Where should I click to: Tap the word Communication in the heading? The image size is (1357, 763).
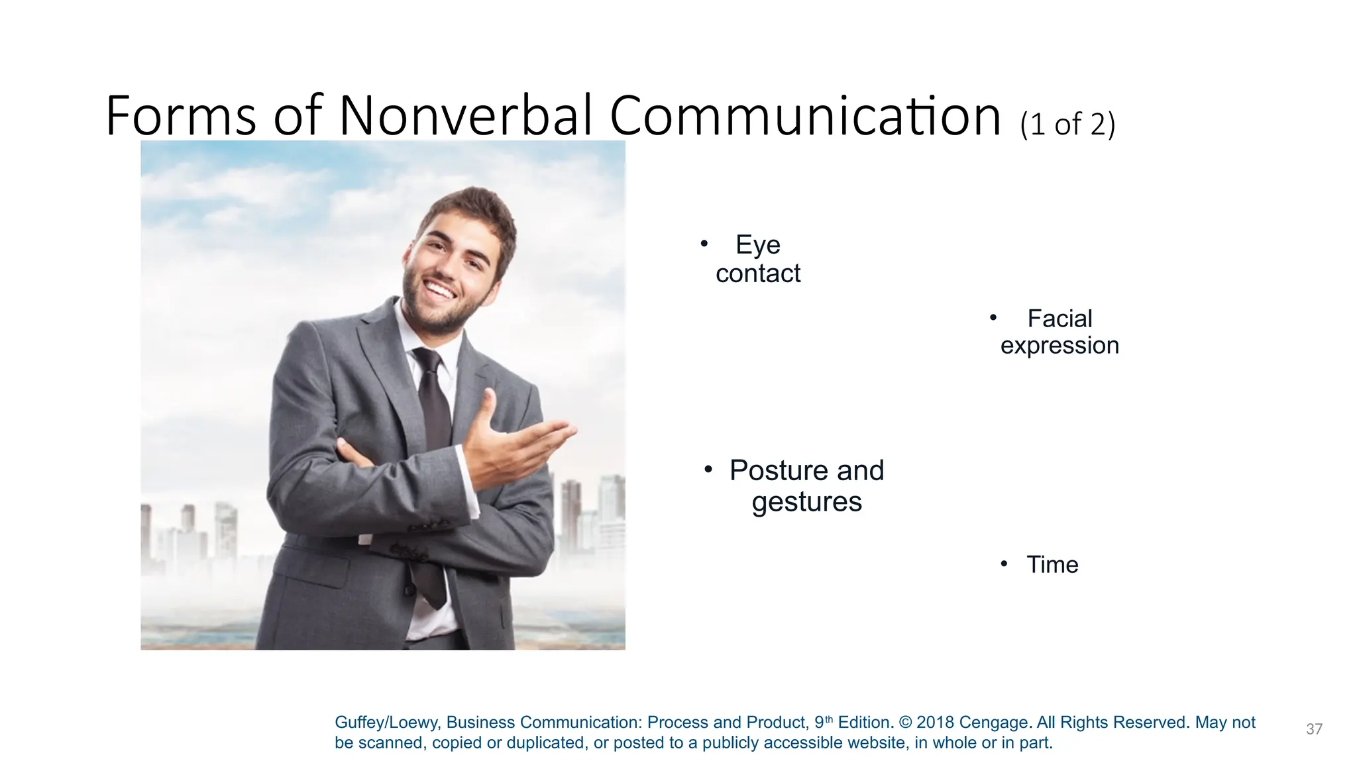(x=804, y=116)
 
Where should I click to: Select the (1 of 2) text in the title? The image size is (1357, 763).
(x=1067, y=125)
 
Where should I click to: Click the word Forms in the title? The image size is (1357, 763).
(x=180, y=116)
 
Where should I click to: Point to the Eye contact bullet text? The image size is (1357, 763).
(x=758, y=259)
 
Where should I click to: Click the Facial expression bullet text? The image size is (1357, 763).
(x=1059, y=332)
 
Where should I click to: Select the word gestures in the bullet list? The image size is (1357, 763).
(x=806, y=502)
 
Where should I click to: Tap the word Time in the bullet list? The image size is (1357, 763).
(x=1052, y=564)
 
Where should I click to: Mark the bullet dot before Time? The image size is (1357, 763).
(x=1004, y=564)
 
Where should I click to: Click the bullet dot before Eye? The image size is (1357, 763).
(x=704, y=244)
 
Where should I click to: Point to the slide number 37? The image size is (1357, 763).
(x=1314, y=729)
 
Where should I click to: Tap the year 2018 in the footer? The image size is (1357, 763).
(x=935, y=723)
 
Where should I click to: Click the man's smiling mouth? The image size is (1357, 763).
(x=440, y=291)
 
